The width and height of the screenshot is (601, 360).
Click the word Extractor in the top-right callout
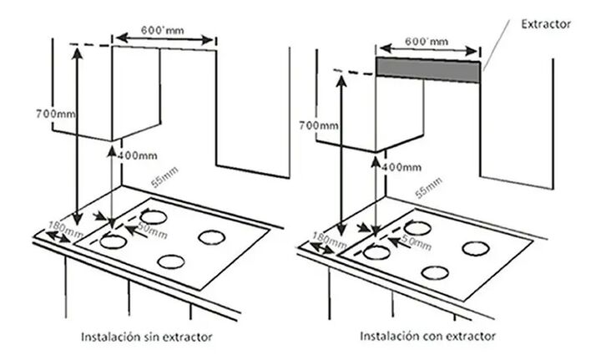click(546, 24)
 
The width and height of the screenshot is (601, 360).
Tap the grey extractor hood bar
click(427, 69)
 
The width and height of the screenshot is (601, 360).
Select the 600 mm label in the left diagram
click(162, 30)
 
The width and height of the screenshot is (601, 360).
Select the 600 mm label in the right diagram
click(427, 41)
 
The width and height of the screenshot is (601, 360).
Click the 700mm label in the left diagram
click(56, 114)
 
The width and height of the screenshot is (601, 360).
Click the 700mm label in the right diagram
click(319, 125)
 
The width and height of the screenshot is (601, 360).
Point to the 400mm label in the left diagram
click(137, 155)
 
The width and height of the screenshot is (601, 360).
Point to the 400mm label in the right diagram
click(402, 167)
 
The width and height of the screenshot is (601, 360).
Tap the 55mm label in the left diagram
click(164, 177)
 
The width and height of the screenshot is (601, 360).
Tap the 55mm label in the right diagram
click(428, 188)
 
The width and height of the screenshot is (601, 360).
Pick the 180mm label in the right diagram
click(330, 241)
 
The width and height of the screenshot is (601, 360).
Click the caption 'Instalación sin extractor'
click(146, 337)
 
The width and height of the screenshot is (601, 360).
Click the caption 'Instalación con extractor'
click(427, 337)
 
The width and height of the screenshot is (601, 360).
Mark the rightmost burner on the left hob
click(212, 238)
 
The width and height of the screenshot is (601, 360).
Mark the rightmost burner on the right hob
click(476, 249)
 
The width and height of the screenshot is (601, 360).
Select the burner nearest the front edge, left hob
click(171, 262)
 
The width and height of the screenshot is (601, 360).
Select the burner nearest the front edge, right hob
click(435, 273)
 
